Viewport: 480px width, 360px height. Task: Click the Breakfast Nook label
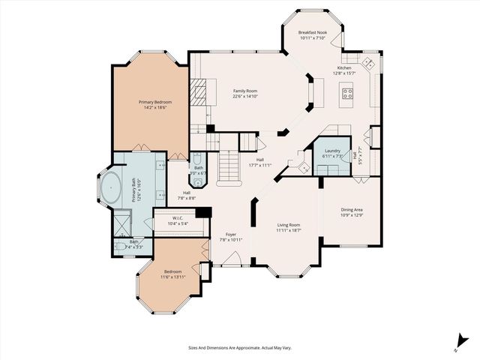pyautogui.click(x=311, y=33)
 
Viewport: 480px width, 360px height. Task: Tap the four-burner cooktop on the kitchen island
pyautogui.click(x=349, y=94)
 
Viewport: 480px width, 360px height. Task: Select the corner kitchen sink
pyautogui.click(x=368, y=61)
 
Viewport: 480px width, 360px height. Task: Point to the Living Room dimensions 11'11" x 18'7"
pyautogui.click(x=288, y=230)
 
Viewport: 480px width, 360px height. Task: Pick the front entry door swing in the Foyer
pyautogui.click(x=232, y=258)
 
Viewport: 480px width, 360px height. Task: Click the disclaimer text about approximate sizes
pyautogui.click(x=239, y=347)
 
